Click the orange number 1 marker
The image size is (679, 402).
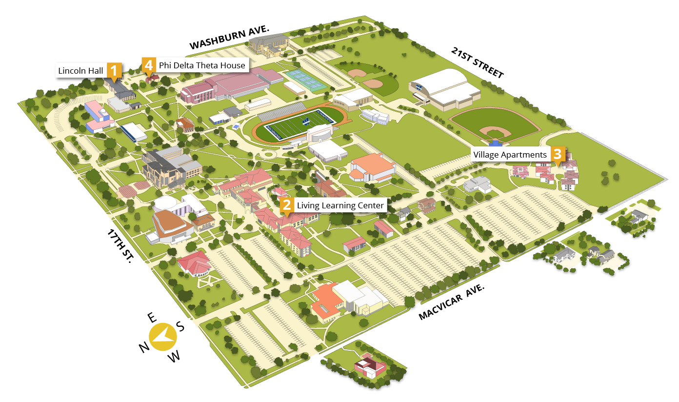pyautogui.click(x=114, y=71)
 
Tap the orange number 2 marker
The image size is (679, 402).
pyautogui.click(x=287, y=205)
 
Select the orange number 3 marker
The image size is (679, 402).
pyautogui.click(x=558, y=155)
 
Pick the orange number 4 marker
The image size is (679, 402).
pyautogui.click(x=148, y=64)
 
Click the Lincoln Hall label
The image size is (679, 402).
pyautogui.click(x=81, y=71)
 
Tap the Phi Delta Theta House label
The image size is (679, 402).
pyautogui.click(x=202, y=65)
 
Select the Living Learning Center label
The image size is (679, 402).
pyautogui.click(x=340, y=205)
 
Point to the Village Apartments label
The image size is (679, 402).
pyautogui.click(x=510, y=155)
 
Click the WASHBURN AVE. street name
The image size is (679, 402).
pyautogui.click(x=229, y=38)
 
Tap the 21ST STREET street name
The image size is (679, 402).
pyautogui.click(x=477, y=62)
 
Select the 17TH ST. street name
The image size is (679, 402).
pyautogui.click(x=120, y=246)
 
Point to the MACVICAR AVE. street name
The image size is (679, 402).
pyautogui.click(x=452, y=302)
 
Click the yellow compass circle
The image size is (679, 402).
pyautogui.click(x=163, y=336)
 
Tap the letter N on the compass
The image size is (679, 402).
pyautogui.click(x=143, y=347)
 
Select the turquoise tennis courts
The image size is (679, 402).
pyautogui.click(x=306, y=80)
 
